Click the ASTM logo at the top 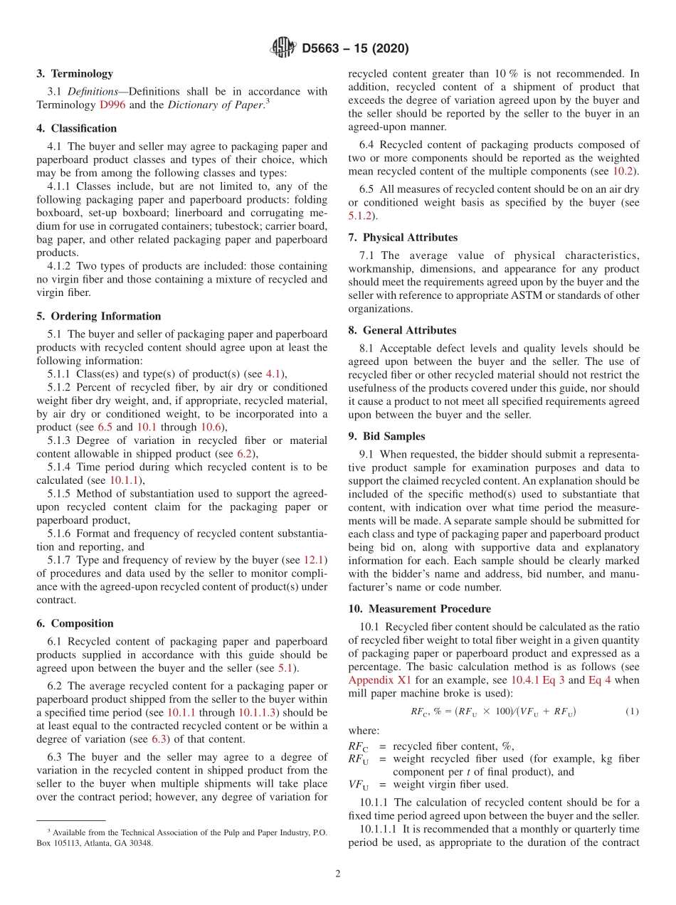[282, 48]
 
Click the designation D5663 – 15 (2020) [355, 48]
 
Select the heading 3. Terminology [75, 73]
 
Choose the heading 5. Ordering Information [99, 316]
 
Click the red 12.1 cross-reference [316, 560]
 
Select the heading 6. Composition [75, 623]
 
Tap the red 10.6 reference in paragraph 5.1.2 [211, 427]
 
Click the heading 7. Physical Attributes [403, 237]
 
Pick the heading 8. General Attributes [402, 330]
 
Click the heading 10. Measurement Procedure [419, 608]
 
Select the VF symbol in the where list [358, 785]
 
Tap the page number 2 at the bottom [338, 874]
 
